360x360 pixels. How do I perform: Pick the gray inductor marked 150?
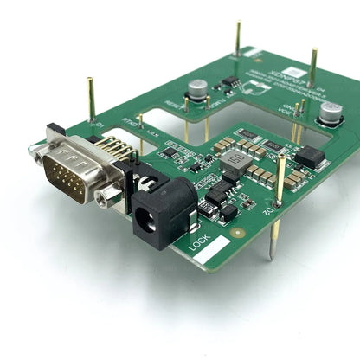point(235,163)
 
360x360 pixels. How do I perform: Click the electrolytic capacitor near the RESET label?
point(198,90)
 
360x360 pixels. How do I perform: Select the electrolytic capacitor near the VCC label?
point(330,113)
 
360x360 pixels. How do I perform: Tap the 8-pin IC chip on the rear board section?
point(230,84)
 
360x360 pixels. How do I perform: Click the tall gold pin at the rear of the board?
point(237,39)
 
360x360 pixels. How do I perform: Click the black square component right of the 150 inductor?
point(309,156)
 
